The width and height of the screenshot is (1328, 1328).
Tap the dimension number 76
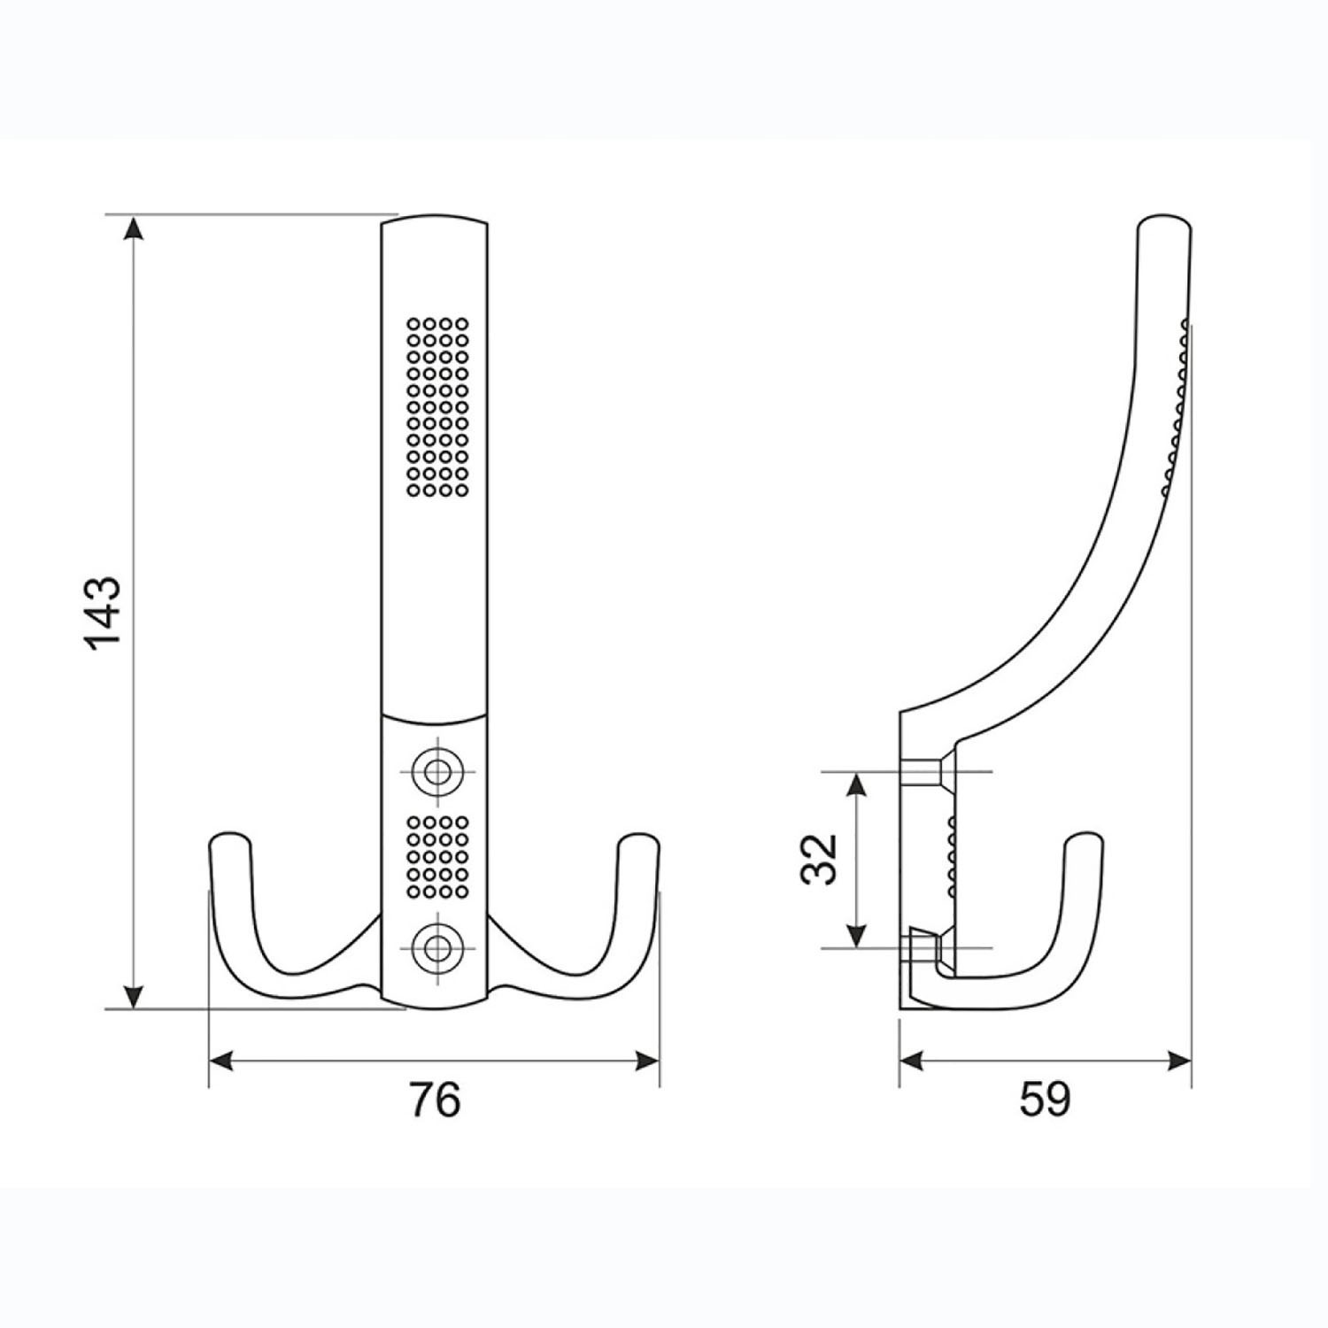pyautogui.click(x=435, y=1100)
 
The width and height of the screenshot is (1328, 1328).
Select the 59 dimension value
pyautogui.click(x=1045, y=1100)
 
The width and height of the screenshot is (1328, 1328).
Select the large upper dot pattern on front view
pyautogui.click(x=436, y=406)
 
